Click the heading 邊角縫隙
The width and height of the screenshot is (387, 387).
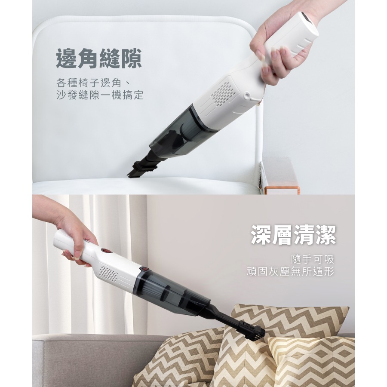tap(98, 58)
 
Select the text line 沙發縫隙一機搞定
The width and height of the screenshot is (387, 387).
tap(100, 95)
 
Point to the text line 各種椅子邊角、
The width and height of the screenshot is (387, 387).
tap(93, 82)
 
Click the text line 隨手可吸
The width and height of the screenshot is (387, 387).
tap(312, 259)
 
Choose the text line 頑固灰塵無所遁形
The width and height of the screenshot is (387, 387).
tap(290, 272)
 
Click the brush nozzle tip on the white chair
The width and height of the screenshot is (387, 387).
tap(138, 169)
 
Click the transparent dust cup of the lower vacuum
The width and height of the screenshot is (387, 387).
tap(172, 292)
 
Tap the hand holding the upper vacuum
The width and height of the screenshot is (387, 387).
tap(275, 47)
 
